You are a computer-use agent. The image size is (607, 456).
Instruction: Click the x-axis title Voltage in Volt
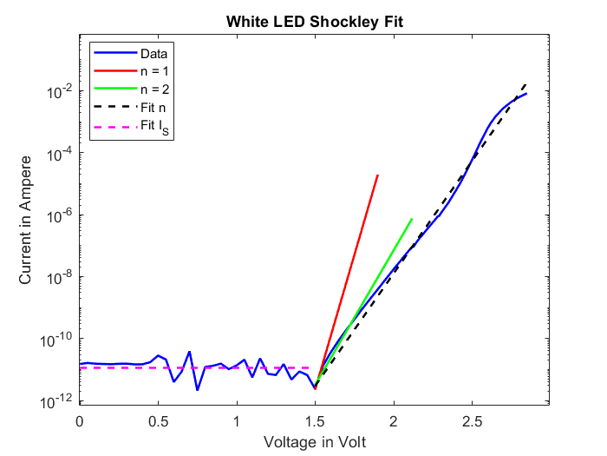click(315, 442)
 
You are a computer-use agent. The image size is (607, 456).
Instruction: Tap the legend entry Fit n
click(153, 108)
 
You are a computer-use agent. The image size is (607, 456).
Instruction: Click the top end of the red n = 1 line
click(378, 175)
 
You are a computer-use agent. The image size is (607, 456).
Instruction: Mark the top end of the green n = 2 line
click(412, 219)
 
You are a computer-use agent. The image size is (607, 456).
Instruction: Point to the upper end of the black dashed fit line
click(525, 83)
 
